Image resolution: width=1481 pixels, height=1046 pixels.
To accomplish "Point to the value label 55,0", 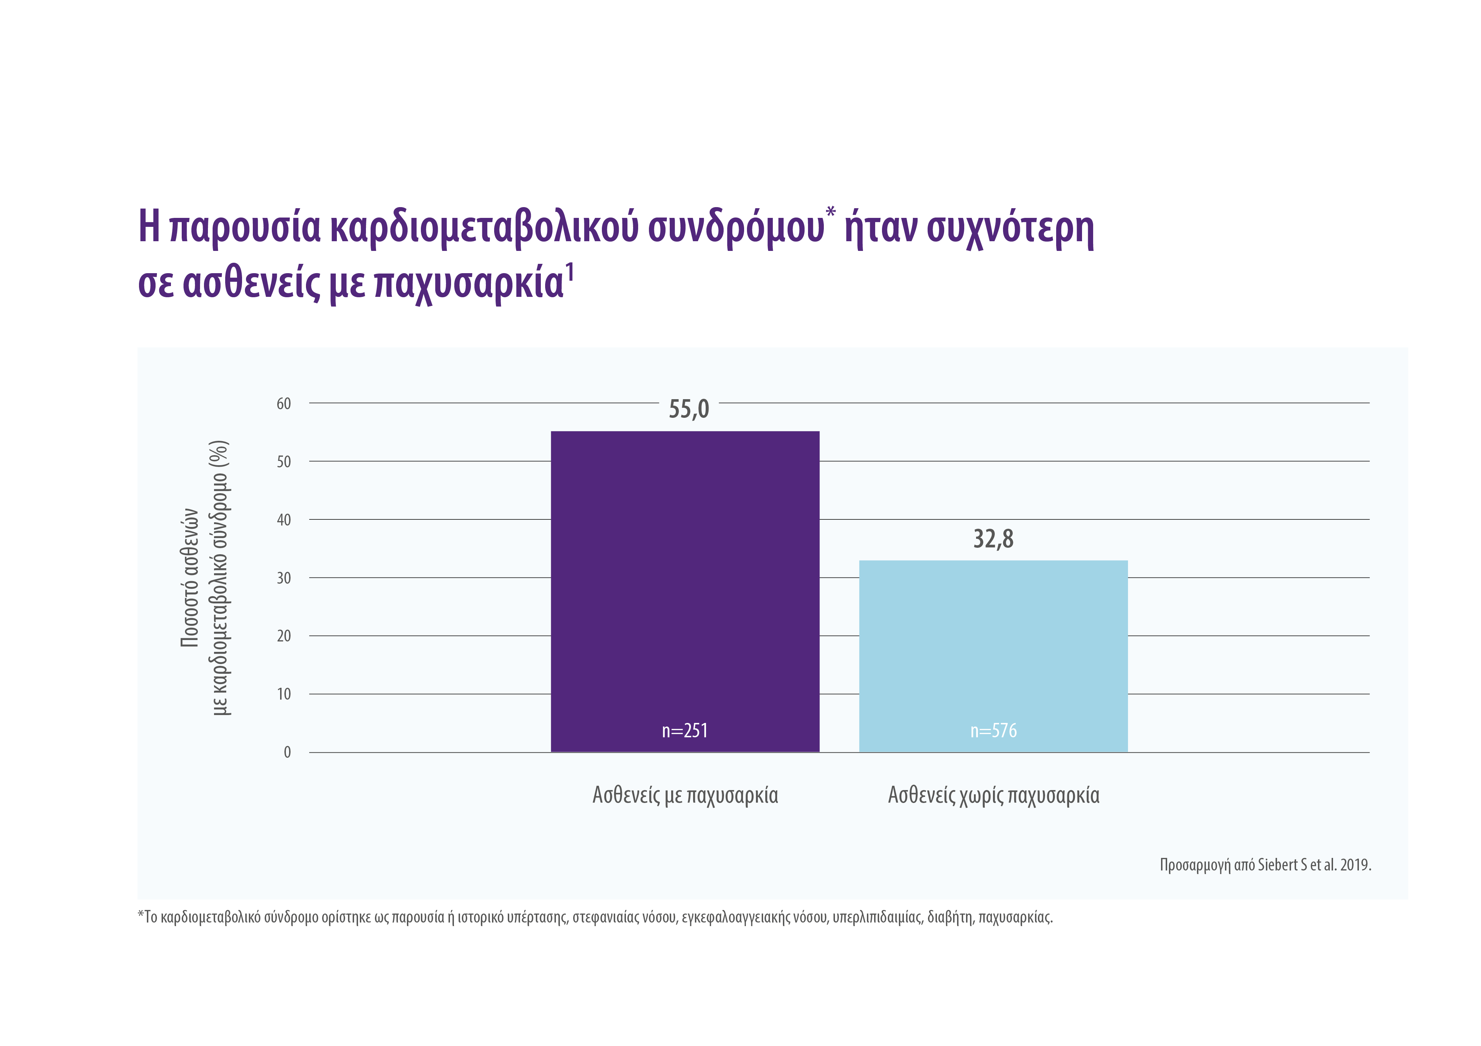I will pyautogui.click(x=688, y=409).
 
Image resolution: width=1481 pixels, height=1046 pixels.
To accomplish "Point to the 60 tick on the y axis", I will pyautogui.click(x=284, y=404).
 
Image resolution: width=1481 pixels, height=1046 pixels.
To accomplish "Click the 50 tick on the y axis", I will pyautogui.click(x=284, y=462).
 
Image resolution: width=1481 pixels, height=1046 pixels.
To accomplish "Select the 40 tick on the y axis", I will pyautogui.click(x=284, y=520).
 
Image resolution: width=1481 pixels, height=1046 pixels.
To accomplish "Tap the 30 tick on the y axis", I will pyautogui.click(x=284, y=578).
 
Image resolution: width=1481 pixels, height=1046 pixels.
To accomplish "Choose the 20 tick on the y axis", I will pyautogui.click(x=284, y=636).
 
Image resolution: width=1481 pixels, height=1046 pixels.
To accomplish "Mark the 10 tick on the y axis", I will pyautogui.click(x=284, y=694).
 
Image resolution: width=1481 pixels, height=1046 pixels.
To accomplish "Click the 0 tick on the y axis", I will pyautogui.click(x=287, y=752).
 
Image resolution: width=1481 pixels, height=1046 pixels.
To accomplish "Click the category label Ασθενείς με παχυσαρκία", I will pyautogui.click(x=685, y=795).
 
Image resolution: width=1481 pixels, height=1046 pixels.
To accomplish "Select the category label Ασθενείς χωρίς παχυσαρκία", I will pyautogui.click(x=993, y=795).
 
